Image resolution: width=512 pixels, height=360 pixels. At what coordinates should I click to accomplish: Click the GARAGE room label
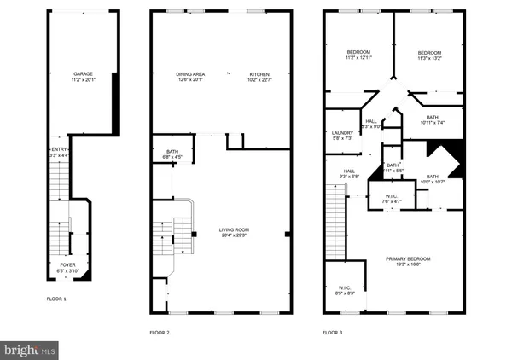(83, 74)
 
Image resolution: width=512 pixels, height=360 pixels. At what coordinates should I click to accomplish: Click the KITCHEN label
(259, 74)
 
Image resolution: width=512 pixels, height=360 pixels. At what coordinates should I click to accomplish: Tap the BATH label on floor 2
(173, 151)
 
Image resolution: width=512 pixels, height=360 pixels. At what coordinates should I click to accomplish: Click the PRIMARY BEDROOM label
(408, 258)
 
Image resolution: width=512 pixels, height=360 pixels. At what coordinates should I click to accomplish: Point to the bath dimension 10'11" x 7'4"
(432, 122)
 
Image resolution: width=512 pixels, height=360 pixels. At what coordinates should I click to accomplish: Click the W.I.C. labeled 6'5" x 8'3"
(345, 293)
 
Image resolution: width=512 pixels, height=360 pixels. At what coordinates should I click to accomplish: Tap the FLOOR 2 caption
(160, 332)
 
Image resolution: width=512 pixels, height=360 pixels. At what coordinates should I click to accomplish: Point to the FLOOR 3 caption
(333, 332)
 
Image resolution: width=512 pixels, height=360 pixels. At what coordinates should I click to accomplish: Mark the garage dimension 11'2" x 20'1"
(83, 80)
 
